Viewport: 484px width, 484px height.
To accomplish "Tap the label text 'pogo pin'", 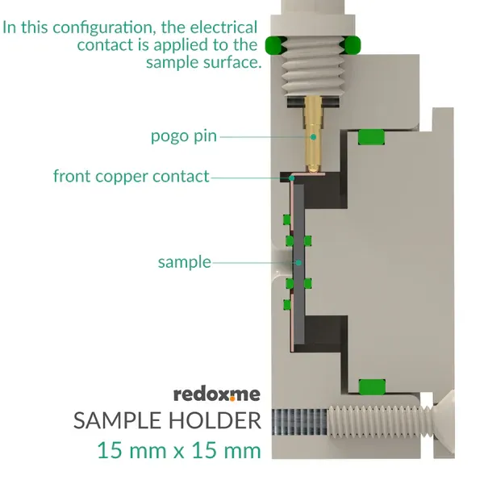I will (184, 136).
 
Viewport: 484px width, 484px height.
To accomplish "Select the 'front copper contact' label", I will (131, 176).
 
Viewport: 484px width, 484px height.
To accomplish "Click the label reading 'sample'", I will (184, 262).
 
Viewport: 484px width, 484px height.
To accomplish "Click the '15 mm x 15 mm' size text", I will (179, 449).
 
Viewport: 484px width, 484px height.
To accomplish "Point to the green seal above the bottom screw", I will (372, 386).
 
